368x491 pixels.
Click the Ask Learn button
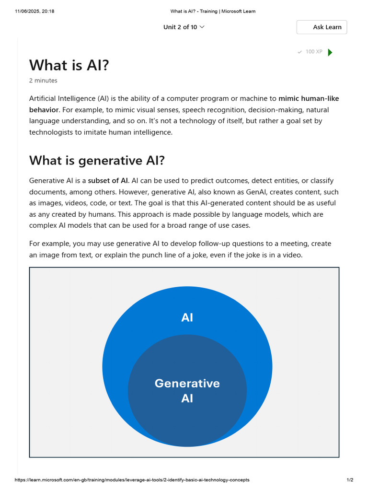[322, 27]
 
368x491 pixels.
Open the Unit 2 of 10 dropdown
[184, 27]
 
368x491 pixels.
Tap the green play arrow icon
[330, 52]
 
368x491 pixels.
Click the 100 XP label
[314, 52]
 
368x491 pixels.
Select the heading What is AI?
[69, 65]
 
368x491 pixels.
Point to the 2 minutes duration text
[43, 81]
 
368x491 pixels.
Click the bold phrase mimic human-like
[309, 99]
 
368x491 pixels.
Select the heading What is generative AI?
[97, 161]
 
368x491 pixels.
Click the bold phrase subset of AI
[108, 181]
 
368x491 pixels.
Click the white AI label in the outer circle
[187, 317]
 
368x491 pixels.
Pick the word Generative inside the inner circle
[187, 384]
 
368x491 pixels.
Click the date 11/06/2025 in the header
[27, 12]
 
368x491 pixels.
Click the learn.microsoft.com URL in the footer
[132, 479]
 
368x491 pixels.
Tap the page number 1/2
[350, 479]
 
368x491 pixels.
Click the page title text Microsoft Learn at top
[239, 12]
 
